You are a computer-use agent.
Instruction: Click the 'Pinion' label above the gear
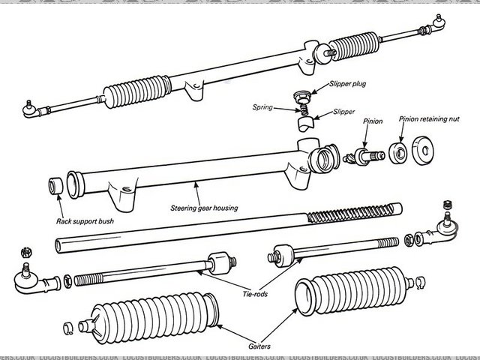click(373, 120)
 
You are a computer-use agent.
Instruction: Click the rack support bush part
click(55, 184)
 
